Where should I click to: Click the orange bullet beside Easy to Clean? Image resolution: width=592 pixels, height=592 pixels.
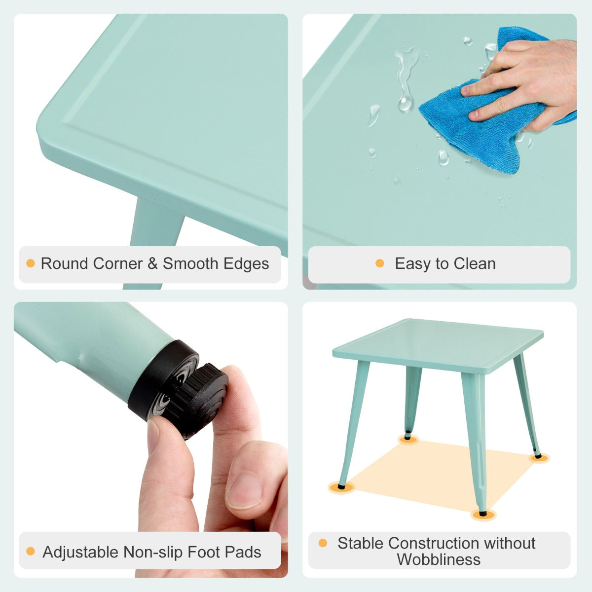coord(379,263)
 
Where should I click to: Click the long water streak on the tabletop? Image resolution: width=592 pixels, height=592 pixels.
coord(406,79)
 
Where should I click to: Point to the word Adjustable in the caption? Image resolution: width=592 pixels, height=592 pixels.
coord(80,552)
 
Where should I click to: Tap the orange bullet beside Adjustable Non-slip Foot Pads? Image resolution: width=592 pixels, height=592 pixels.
coord(31,552)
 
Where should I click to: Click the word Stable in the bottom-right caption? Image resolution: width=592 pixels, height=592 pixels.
coord(361,543)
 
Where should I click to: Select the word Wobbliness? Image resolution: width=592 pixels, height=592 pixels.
coord(439,560)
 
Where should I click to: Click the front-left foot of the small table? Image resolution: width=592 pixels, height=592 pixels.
coord(341,486)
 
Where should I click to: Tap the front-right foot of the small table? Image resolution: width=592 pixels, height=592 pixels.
coord(482,514)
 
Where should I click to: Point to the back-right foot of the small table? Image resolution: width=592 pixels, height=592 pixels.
coord(538,456)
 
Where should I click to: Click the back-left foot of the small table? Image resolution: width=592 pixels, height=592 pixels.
coord(408,437)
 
